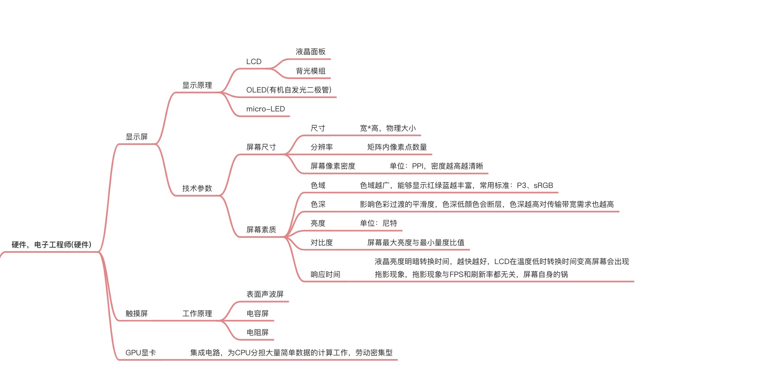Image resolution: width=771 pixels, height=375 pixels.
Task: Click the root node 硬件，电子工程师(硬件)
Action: [51, 245]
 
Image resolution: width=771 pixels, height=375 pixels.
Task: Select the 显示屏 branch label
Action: [137, 137]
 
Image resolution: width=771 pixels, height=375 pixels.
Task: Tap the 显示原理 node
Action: [197, 85]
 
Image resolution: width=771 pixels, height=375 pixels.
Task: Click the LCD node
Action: [254, 61]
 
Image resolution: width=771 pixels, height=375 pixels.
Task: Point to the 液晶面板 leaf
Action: [311, 52]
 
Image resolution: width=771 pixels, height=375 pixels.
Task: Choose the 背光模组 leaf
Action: [311, 71]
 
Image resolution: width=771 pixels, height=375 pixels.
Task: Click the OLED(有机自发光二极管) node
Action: [289, 90]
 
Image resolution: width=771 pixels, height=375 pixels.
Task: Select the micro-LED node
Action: [265, 109]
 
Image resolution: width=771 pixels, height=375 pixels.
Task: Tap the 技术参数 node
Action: [197, 188]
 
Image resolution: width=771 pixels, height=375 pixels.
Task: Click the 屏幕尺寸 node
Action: [261, 147]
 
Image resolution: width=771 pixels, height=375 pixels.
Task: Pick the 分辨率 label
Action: [322, 147]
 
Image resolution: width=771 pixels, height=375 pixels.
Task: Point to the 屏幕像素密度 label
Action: [333, 166]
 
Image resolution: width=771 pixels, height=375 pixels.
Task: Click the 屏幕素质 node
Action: [261, 230]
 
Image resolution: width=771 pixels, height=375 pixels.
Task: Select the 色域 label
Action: [318, 185]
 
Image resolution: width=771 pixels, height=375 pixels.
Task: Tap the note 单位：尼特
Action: [379, 223]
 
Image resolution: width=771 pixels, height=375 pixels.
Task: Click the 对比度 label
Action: [322, 243]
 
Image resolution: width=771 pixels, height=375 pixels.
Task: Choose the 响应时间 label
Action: [325, 274]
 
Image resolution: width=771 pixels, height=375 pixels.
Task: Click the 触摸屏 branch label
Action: [137, 314]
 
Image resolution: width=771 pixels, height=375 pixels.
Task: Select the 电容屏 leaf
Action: [258, 314]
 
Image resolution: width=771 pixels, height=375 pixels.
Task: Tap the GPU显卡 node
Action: [140, 353]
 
